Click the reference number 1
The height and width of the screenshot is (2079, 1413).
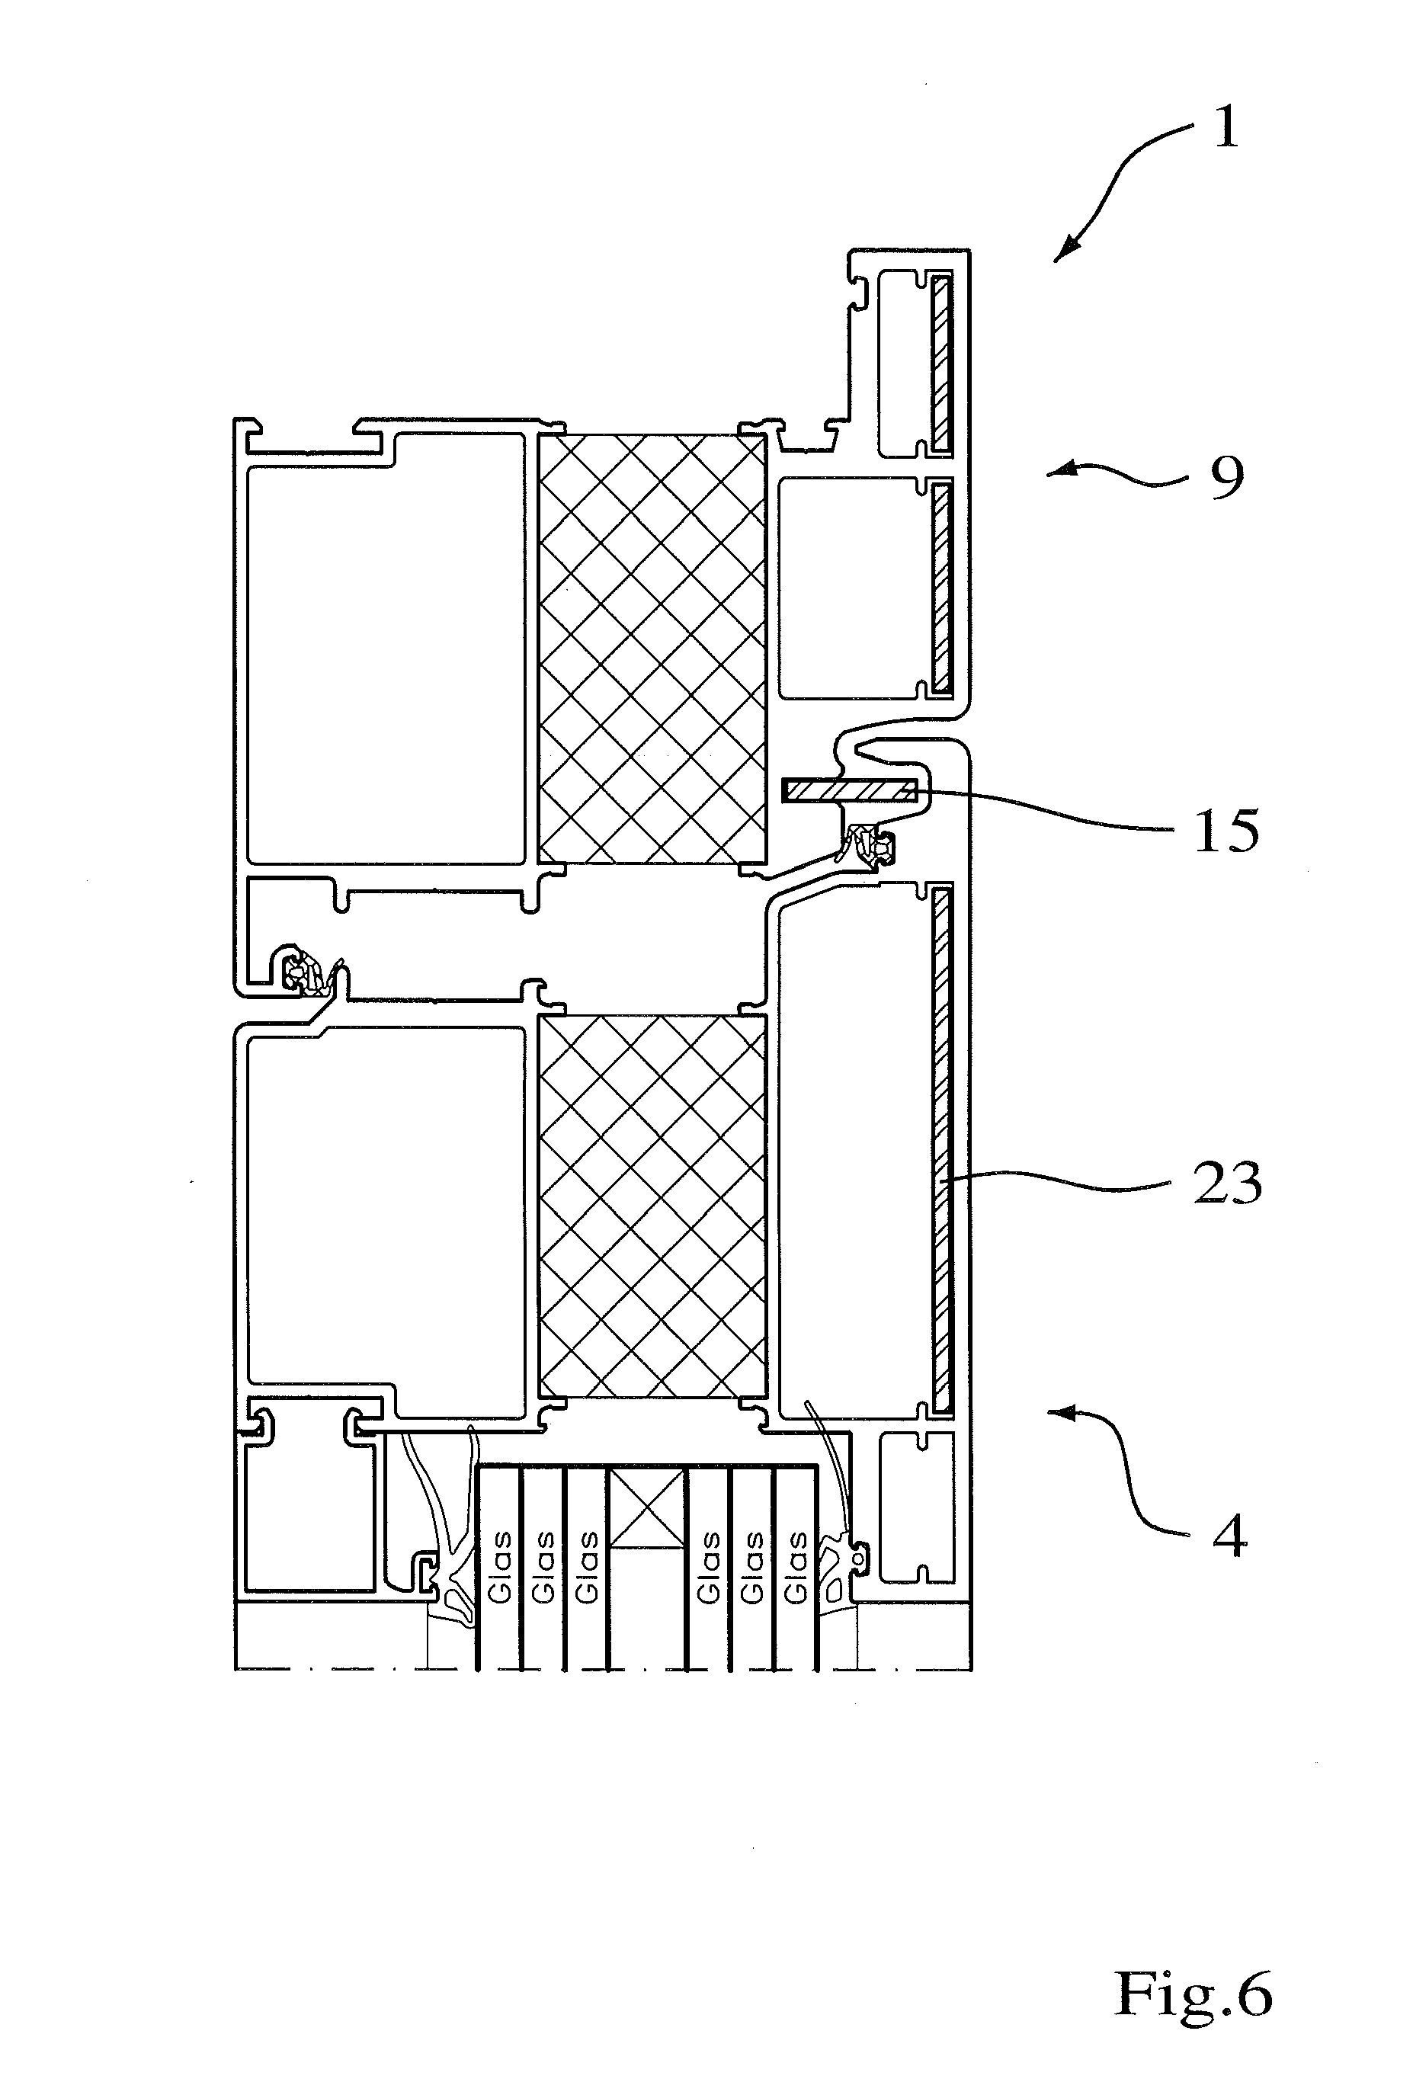(1226, 127)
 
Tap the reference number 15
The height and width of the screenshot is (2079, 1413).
(1227, 830)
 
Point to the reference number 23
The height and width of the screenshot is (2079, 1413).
(1228, 1183)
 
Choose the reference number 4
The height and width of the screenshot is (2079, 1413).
(1229, 1537)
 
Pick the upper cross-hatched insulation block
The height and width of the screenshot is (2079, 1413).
(652, 649)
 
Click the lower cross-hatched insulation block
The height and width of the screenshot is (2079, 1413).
(652, 1206)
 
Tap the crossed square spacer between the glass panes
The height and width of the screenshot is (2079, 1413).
(647, 1507)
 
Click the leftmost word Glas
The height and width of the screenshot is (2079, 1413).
(499, 1566)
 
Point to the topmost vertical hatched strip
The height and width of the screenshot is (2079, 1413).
(940, 364)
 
